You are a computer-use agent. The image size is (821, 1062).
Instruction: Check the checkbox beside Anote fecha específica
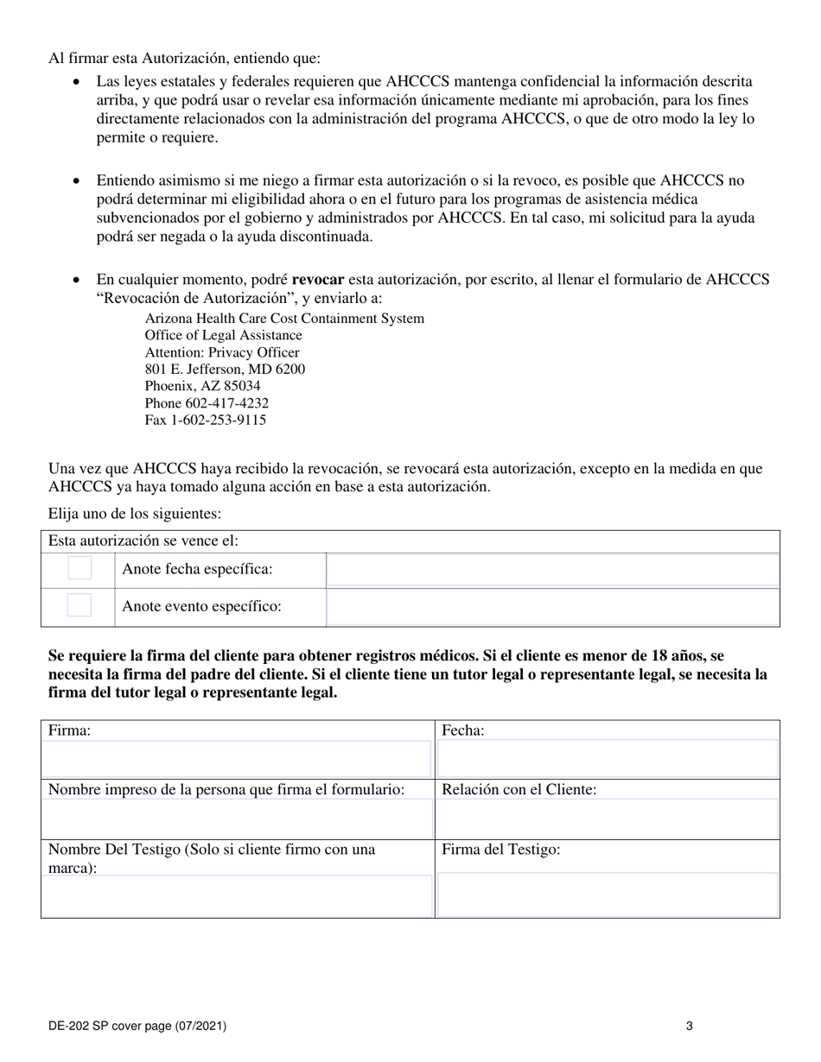tap(80, 568)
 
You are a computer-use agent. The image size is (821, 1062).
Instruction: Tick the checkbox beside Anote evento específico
tap(80, 605)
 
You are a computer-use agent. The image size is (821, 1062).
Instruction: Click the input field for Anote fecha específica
tap(552, 571)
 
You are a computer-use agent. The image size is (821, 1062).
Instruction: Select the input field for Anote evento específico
tap(552, 607)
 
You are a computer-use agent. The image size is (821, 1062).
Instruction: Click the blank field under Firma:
tap(236, 759)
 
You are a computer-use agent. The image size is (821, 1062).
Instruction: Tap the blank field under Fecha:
tap(608, 759)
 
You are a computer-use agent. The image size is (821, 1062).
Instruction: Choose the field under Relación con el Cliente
tap(608, 819)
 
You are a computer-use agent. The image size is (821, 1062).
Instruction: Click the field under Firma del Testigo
tap(608, 894)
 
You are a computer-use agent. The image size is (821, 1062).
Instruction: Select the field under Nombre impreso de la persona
tap(236, 819)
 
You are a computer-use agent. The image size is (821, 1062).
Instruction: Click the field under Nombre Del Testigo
tap(236, 895)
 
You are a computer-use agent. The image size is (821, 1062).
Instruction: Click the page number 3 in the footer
tap(689, 1027)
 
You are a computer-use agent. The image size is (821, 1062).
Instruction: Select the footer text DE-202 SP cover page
tap(137, 1027)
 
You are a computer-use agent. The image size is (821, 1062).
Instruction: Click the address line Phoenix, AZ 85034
tap(202, 386)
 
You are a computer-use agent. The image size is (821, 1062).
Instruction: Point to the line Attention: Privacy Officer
tap(222, 352)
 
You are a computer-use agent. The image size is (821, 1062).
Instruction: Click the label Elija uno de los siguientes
tap(135, 514)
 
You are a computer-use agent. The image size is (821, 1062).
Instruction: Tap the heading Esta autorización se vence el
tap(143, 541)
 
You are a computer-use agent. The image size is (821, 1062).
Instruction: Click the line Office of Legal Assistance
tap(223, 335)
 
